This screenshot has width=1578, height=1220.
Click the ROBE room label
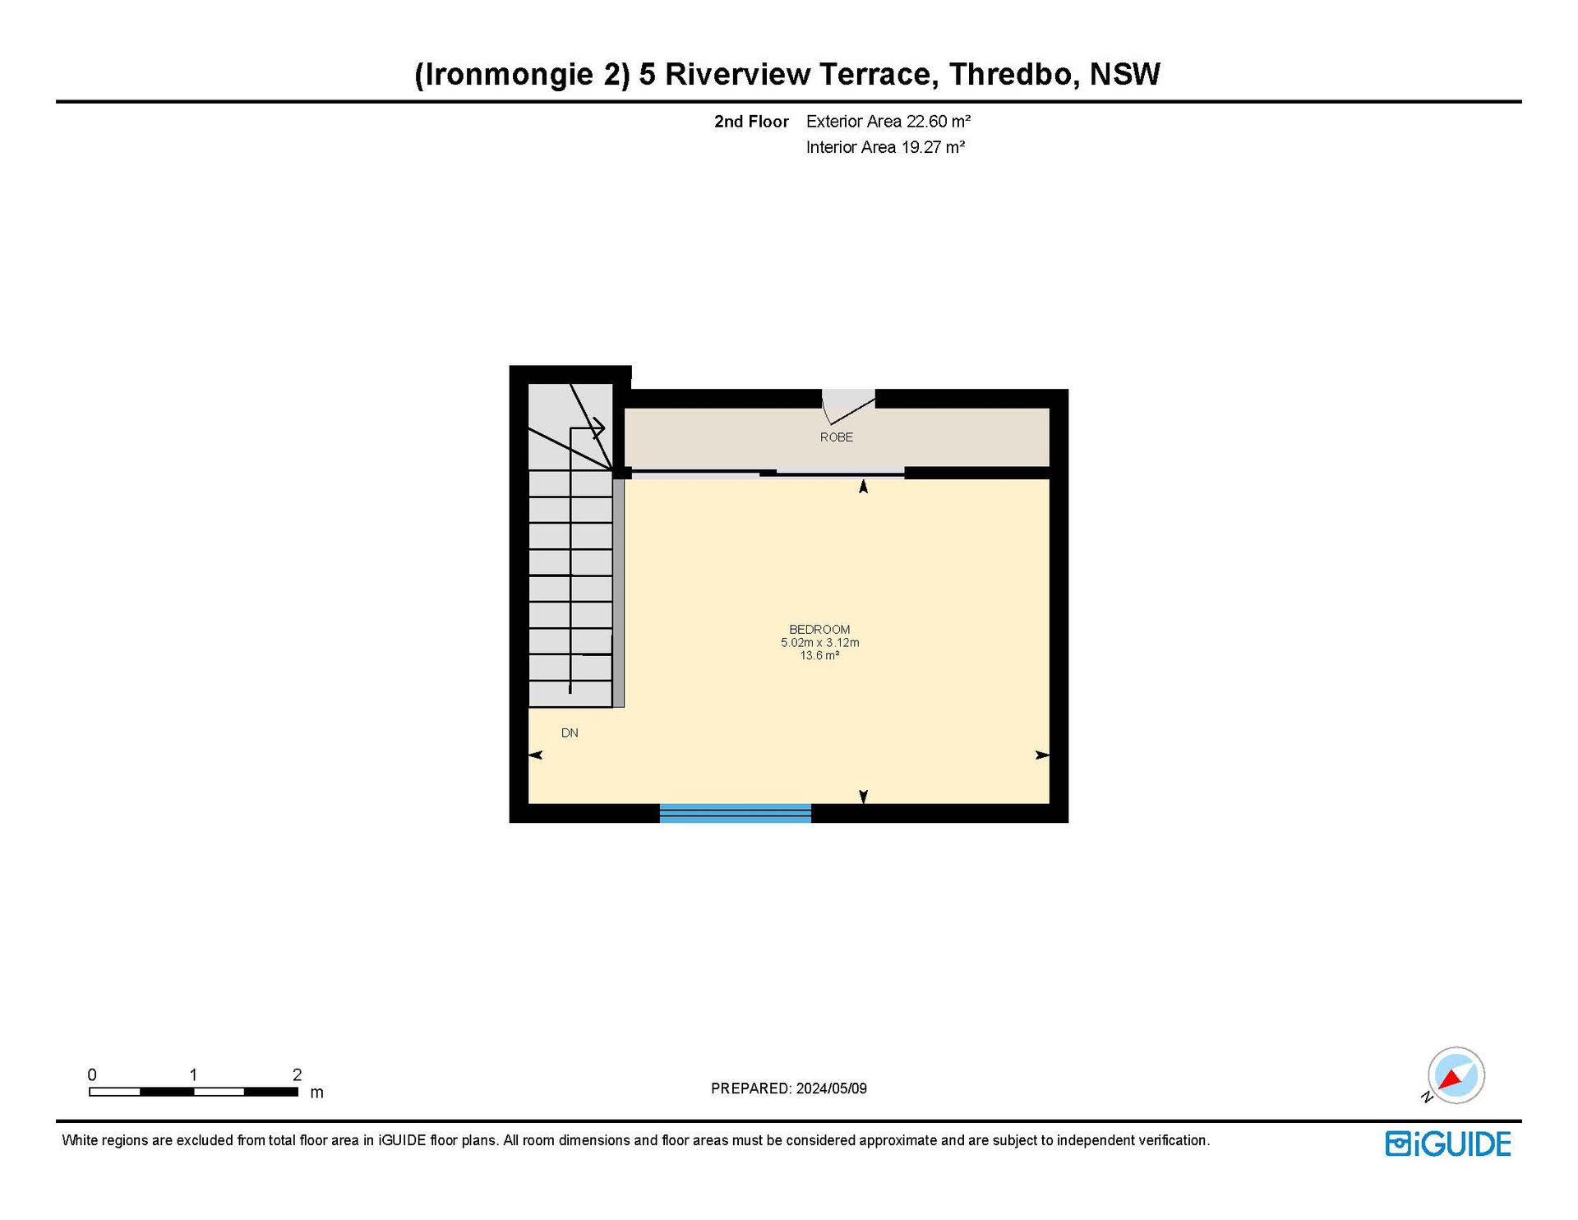tap(836, 437)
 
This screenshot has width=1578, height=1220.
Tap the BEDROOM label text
tap(819, 630)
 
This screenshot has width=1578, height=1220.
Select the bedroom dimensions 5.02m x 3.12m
tap(819, 643)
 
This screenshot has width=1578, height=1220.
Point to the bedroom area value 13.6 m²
tap(819, 656)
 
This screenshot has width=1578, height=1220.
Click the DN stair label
tap(570, 732)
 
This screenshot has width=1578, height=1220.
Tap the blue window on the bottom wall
tap(736, 813)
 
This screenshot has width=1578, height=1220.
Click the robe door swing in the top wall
tap(848, 407)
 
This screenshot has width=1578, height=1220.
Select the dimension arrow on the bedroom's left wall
tap(535, 755)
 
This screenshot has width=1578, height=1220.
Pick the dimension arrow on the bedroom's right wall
tap(1042, 755)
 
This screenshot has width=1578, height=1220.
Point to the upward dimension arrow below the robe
tap(863, 487)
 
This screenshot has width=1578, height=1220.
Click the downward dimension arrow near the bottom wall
tap(863, 796)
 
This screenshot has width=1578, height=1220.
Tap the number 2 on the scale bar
tap(298, 1074)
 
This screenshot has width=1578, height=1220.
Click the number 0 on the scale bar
tap(92, 1074)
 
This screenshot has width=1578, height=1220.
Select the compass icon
tap(1456, 1075)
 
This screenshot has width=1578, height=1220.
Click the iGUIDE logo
tap(1448, 1144)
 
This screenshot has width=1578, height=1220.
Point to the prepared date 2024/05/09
tap(831, 1088)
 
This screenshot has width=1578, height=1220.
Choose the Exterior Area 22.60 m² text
tap(888, 122)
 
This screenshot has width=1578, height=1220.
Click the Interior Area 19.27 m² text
tap(885, 147)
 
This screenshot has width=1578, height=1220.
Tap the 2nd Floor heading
tap(751, 122)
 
